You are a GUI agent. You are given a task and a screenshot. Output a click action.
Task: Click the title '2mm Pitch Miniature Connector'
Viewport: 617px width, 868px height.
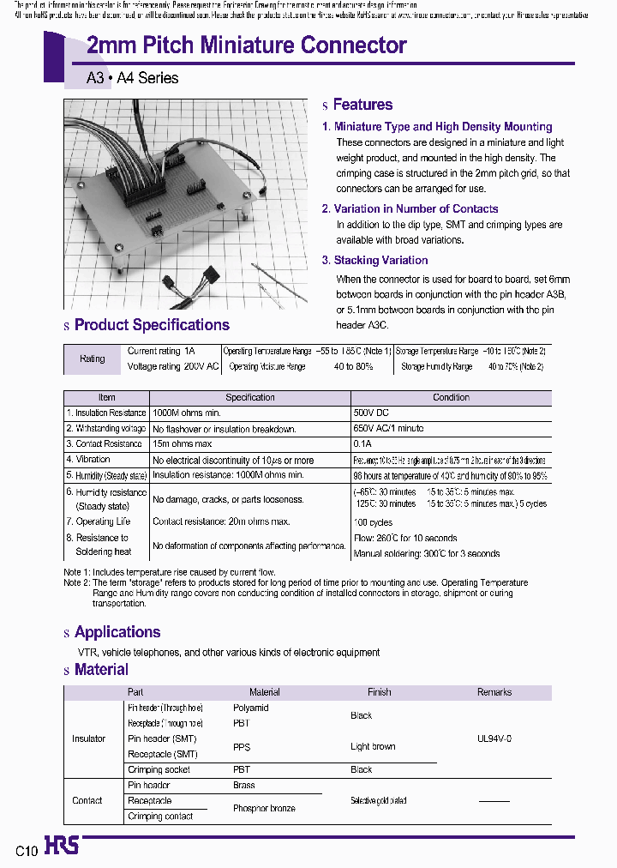[x=247, y=45]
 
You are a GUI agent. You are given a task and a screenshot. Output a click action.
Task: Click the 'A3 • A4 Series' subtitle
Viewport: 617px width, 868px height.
[x=132, y=78]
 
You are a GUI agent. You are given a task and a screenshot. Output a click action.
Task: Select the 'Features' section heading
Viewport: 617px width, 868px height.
[x=362, y=105]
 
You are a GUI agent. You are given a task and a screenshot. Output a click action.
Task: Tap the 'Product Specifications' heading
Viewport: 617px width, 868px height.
[x=152, y=325]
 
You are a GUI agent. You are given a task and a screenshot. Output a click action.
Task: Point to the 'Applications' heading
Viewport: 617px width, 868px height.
[x=117, y=632]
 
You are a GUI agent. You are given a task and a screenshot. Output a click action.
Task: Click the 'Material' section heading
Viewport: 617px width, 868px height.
[x=101, y=670]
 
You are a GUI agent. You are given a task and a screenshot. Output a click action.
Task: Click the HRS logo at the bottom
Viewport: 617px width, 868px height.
[x=61, y=847]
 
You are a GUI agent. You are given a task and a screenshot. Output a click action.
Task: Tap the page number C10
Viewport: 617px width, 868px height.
[x=27, y=851]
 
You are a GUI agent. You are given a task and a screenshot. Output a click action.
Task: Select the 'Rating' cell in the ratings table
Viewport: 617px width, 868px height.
[x=93, y=359]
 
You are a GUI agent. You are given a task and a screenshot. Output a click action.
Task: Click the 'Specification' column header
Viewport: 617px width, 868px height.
[x=249, y=397]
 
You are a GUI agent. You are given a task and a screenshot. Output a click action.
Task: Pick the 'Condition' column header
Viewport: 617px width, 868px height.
[x=451, y=397]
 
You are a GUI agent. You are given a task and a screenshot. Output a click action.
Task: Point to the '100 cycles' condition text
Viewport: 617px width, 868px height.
[x=373, y=522]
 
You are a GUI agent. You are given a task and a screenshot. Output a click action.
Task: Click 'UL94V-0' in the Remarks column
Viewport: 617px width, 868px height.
[x=494, y=738]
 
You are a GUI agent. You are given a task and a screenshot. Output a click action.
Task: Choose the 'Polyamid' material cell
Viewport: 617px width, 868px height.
[x=250, y=708]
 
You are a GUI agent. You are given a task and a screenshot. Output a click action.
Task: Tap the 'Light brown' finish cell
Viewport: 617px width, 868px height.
[x=373, y=746]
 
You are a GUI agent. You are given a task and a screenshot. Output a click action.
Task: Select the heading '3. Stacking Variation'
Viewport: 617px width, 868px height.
[x=374, y=260]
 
